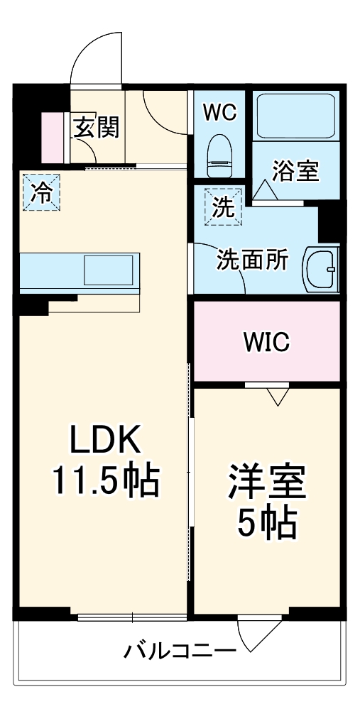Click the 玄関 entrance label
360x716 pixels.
(97, 128)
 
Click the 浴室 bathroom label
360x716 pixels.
(296, 171)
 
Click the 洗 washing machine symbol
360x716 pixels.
(224, 206)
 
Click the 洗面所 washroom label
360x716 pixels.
(252, 260)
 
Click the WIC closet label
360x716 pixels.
(266, 342)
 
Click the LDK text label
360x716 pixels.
(105, 442)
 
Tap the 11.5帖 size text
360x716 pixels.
(104, 482)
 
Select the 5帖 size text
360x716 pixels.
(266, 524)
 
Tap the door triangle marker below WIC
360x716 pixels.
(278, 396)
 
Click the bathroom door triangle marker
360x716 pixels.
(263, 190)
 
